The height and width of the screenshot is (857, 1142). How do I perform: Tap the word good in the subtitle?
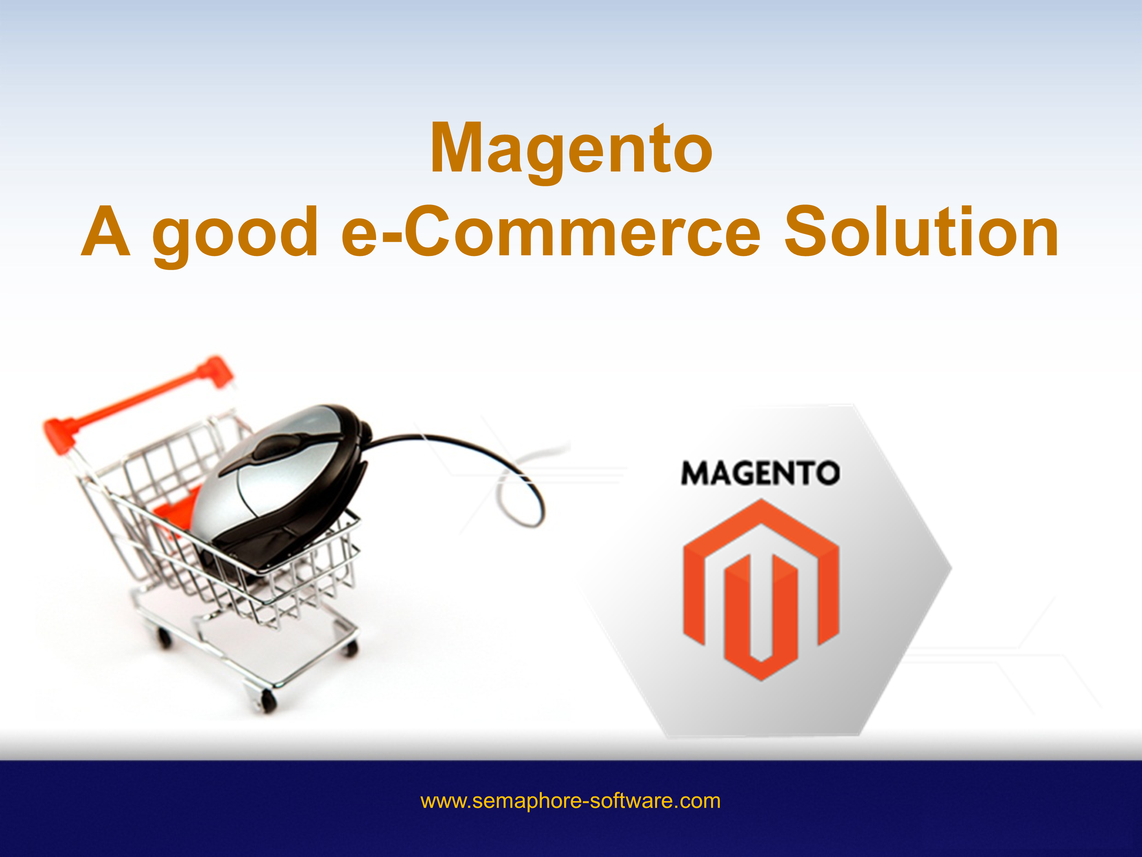point(235,233)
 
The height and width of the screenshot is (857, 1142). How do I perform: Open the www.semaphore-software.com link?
point(571,801)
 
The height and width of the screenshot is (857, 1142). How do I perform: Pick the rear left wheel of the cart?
point(164,638)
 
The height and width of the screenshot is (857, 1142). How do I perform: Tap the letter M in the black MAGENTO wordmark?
point(696,473)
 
